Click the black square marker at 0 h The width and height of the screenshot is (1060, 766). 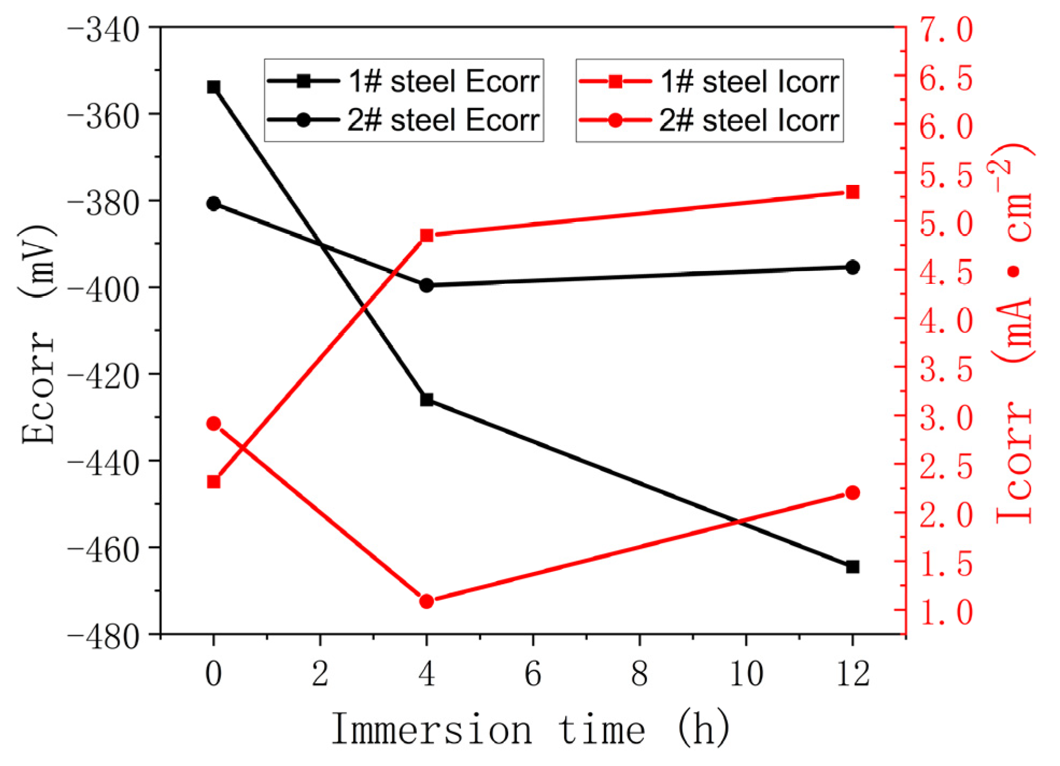[x=214, y=87]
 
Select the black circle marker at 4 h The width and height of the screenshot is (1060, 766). [x=426, y=285]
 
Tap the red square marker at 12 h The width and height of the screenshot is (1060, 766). [x=852, y=192]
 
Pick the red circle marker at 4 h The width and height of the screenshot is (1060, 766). [x=426, y=601]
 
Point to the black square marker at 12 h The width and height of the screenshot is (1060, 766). [x=852, y=567]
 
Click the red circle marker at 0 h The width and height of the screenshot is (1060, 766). [x=214, y=424]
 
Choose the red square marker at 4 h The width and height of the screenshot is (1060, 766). [x=426, y=235]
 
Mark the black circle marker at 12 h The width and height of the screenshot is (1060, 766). [x=852, y=267]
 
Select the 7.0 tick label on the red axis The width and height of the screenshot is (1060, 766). [x=945, y=30]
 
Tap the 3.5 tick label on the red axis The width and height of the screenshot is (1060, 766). [x=945, y=370]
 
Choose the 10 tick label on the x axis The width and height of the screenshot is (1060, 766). [x=746, y=673]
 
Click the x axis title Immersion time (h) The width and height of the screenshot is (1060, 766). [x=530, y=729]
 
